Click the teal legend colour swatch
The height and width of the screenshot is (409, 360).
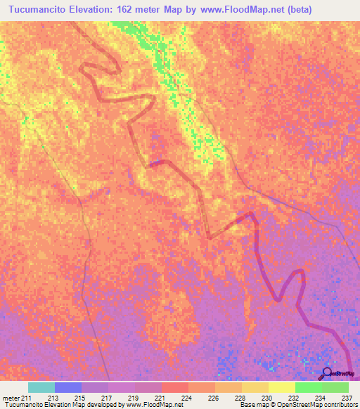pyautogui.click(x=41, y=387)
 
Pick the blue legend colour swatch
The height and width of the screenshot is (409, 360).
pyautogui.click(x=68, y=387)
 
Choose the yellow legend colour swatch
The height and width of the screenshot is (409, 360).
pyautogui.click(x=281, y=387)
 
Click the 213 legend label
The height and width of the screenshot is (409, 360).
pyautogui.click(x=53, y=397)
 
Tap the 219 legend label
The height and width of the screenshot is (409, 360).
pyautogui.click(x=133, y=397)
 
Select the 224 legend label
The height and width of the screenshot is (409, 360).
pyautogui.click(x=187, y=397)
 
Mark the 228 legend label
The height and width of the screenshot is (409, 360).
pyautogui.click(x=240, y=397)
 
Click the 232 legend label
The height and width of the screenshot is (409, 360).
pyautogui.click(x=294, y=397)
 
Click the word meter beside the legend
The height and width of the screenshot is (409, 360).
pyautogui.click(x=11, y=397)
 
